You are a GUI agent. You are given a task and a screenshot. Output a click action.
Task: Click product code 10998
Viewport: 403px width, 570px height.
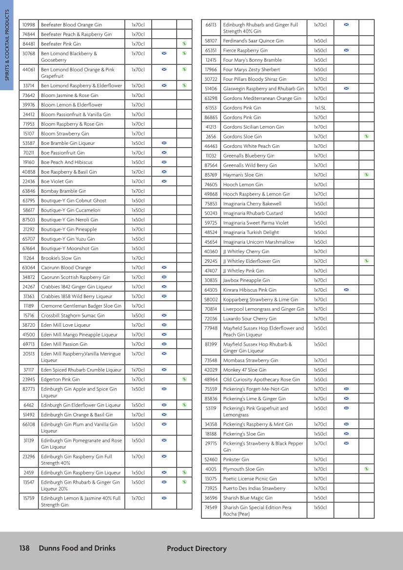(28, 25)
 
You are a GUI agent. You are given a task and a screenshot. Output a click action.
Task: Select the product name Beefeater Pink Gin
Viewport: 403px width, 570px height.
(60, 44)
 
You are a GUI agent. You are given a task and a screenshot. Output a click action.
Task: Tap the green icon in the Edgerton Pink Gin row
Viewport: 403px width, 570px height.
(184, 379)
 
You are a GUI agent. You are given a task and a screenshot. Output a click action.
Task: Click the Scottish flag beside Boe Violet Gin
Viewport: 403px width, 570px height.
(164, 181)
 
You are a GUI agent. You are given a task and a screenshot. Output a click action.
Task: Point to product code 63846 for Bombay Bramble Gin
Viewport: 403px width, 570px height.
(28, 191)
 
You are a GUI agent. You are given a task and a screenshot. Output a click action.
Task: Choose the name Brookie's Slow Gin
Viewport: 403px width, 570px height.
(60, 258)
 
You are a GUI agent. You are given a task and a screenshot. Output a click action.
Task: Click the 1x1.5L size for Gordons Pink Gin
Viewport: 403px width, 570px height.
(320, 108)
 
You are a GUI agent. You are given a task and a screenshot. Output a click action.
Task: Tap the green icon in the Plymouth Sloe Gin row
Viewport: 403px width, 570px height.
(366, 469)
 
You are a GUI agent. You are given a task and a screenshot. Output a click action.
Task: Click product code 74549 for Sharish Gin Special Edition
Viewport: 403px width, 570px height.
(211, 508)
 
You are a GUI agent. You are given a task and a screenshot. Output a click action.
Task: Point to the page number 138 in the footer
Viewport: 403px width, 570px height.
(24, 548)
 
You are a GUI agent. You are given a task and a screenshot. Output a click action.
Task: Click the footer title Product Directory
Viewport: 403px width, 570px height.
(197, 549)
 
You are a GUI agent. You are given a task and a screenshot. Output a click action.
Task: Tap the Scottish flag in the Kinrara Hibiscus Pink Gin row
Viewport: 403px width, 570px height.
(346, 290)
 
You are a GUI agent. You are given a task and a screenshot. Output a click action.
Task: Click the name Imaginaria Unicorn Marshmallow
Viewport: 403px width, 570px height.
(259, 242)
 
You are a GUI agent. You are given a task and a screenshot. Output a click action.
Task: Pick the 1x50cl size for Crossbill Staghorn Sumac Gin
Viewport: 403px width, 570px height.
(138, 315)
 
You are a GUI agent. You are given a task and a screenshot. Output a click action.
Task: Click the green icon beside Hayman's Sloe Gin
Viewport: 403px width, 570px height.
(366, 175)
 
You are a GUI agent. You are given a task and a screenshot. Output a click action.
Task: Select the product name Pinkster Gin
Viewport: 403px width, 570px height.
(236, 459)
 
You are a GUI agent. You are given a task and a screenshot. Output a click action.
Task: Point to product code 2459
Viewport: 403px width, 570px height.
(28, 472)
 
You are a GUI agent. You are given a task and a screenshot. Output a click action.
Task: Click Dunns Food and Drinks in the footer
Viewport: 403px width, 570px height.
(77, 548)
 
